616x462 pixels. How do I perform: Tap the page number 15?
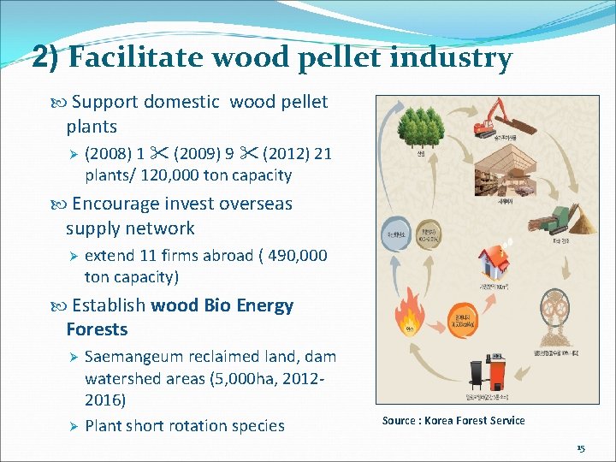(581, 448)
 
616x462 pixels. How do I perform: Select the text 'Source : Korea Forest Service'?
(453, 420)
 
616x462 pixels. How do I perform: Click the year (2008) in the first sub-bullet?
(108, 155)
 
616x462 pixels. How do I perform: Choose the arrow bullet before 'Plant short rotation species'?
(74, 426)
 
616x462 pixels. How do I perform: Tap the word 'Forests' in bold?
(97, 329)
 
